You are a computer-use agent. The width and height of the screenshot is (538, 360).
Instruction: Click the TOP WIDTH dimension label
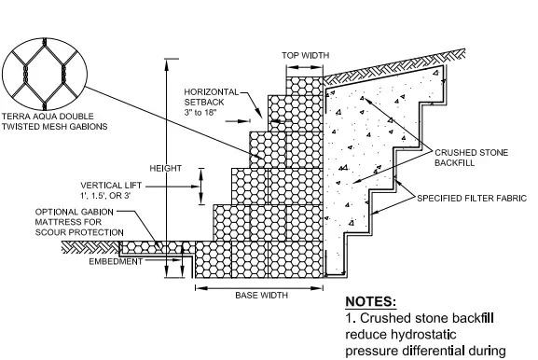(x=306, y=55)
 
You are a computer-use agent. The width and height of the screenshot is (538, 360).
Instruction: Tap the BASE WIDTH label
(x=261, y=295)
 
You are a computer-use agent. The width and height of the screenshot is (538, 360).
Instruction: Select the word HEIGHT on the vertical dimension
(x=166, y=168)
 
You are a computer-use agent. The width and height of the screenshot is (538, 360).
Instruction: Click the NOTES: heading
(x=370, y=301)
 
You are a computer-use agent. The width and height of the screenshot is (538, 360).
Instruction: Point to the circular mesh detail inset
(x=45, y=74)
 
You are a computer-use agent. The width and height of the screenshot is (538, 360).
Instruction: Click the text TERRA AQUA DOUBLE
(x=48, y=117)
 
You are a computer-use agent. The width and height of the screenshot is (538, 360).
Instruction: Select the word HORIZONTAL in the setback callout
(x=211, y=92)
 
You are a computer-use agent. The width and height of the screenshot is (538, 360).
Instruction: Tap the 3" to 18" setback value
(x=200, y=112)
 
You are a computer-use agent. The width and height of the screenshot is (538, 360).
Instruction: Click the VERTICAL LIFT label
(x=111, y=186)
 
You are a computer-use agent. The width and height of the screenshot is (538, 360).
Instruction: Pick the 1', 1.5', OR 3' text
(x=105, y=196)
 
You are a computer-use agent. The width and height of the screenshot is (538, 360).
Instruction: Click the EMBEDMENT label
(x=116, y=261)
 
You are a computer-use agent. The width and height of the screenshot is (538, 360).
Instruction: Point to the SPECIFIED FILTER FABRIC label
(x=472, y=199)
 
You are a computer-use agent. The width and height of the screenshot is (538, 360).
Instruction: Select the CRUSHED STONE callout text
(x=472, y=152)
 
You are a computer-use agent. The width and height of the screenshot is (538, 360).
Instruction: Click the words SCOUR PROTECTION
(x=79, y=232)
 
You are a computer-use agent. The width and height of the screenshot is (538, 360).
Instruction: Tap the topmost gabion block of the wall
(x=305, y=86)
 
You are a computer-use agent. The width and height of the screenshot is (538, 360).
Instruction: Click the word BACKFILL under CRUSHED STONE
(x=455, y=162)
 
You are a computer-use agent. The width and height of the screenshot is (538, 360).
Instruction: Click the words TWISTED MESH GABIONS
(x=55, y=127)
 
